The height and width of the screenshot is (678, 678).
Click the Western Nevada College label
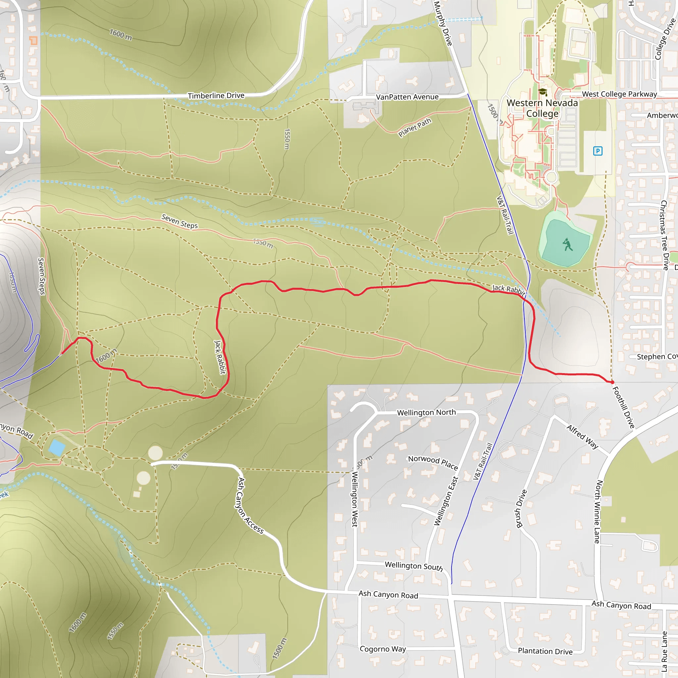click(542, 108)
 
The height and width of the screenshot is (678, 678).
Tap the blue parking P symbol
click(598, 151)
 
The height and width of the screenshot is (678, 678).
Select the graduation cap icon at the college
click(543, 92)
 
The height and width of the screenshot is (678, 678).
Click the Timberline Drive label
click(216, 95)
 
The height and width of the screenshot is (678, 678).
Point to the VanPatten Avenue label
click(407, 97)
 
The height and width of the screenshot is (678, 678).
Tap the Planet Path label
click(414, 127)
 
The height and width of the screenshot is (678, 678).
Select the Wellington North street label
click(426, 412)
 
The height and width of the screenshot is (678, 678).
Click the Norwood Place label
click(433, 462)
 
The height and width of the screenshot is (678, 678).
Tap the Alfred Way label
click(582, 437)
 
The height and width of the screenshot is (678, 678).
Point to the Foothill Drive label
click(624, 408)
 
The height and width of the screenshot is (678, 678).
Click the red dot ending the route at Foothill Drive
click(612, 382)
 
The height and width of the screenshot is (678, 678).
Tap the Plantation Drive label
click(545, 651)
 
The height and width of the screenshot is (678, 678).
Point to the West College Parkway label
click(619, 94)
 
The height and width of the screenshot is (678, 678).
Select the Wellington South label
click(414, 566)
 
